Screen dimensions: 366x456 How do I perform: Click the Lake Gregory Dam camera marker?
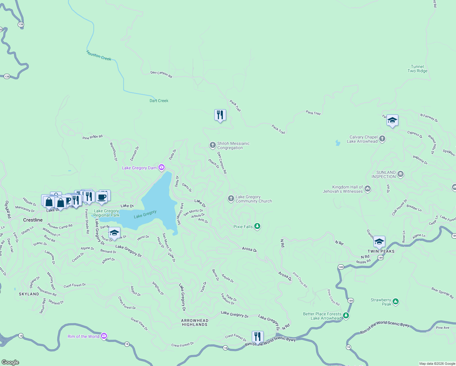[x=162, y=167]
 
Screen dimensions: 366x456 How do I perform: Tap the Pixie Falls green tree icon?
[x=257, y=226]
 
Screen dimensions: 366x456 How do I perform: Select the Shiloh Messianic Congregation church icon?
[x=212, y=145]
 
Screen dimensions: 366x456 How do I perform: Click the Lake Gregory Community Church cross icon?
[x=231, y=199]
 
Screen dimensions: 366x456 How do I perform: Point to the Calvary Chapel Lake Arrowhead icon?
[x=382, y=139]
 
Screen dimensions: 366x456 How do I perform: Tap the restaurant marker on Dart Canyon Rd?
[x=220, y=115]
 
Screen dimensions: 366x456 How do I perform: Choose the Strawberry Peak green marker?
[x=395, y=301]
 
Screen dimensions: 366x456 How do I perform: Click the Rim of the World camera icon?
[x=104, y=336]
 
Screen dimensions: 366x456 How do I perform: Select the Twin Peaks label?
[x=381, y=251]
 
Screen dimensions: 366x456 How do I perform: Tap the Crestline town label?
[x=33, y=220]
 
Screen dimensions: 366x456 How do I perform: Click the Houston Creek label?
[x=99, y=56]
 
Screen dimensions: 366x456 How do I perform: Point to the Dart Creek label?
[x=159, y=101]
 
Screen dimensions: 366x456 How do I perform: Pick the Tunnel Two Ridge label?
[x=417, y=69]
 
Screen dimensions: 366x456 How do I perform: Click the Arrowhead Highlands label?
[x=194, y=322]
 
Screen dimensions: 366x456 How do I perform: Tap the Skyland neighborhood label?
[x=29, y=294]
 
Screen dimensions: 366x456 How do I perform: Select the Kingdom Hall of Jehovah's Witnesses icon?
[x=368, y=189]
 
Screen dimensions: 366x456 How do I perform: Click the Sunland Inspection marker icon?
[x=401, y=174]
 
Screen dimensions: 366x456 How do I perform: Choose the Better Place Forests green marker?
[x=346, y=315]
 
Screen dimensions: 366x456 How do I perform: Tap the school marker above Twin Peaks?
[x=379, y=242]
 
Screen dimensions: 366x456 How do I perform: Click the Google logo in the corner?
[x=10, y=362]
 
